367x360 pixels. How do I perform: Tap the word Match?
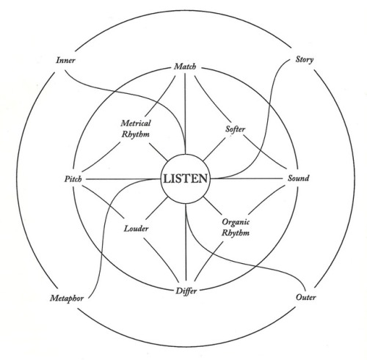pos(185,67)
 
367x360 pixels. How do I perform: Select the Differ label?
pos(186,291)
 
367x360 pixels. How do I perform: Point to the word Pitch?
pos(73,179)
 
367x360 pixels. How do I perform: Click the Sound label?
pos(298,178)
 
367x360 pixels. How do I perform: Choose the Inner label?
pos(65,60)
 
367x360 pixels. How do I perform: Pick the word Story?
pos(305,59)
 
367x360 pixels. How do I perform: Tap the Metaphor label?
pos(67,298)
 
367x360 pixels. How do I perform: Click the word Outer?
pos(306,297)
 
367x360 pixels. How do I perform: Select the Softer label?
pos(235,129)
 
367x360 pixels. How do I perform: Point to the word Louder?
pos(136,229)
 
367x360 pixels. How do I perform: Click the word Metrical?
pos(136,123)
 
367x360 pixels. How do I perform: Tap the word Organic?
pos(236,222)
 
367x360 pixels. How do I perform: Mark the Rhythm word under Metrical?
pos(136,134)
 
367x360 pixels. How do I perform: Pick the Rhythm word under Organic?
pos(236,232)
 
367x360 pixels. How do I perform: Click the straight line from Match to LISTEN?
pos(185,114)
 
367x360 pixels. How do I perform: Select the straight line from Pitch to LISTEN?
pos(123,179)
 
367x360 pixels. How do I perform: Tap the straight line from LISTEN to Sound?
pos(247,179)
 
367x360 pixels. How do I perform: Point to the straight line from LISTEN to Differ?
pos(186,242)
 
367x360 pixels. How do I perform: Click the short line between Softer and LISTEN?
pos(214,150)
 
